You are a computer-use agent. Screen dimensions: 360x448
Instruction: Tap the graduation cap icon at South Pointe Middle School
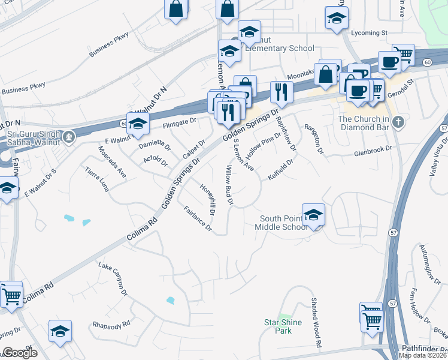point(313,214)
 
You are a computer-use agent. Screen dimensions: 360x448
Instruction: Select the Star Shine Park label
point(283,326)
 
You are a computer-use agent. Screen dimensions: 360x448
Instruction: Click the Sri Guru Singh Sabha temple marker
point(70,136)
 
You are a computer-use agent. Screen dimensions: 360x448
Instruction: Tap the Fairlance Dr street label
point(198,219)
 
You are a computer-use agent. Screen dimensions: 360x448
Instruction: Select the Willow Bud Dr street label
point(228,186)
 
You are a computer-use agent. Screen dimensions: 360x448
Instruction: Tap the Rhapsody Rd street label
point(111,325)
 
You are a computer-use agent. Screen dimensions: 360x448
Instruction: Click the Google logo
point(20,353)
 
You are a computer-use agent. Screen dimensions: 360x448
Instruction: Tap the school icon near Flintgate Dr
point(138,123)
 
